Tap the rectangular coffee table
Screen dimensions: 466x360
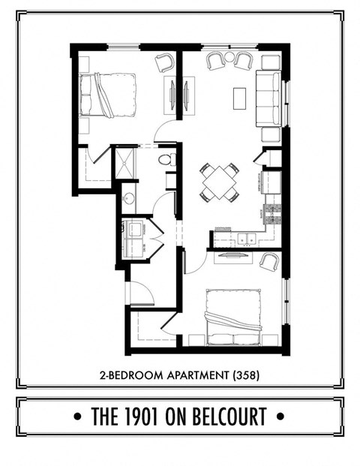240,98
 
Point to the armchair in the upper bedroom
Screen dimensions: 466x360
164,63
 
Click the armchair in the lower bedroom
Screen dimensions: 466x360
268,261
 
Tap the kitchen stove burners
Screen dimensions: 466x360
272,211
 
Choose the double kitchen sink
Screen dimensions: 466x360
244,239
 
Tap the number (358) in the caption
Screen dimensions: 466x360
246,373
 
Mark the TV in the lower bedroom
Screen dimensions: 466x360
233,255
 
